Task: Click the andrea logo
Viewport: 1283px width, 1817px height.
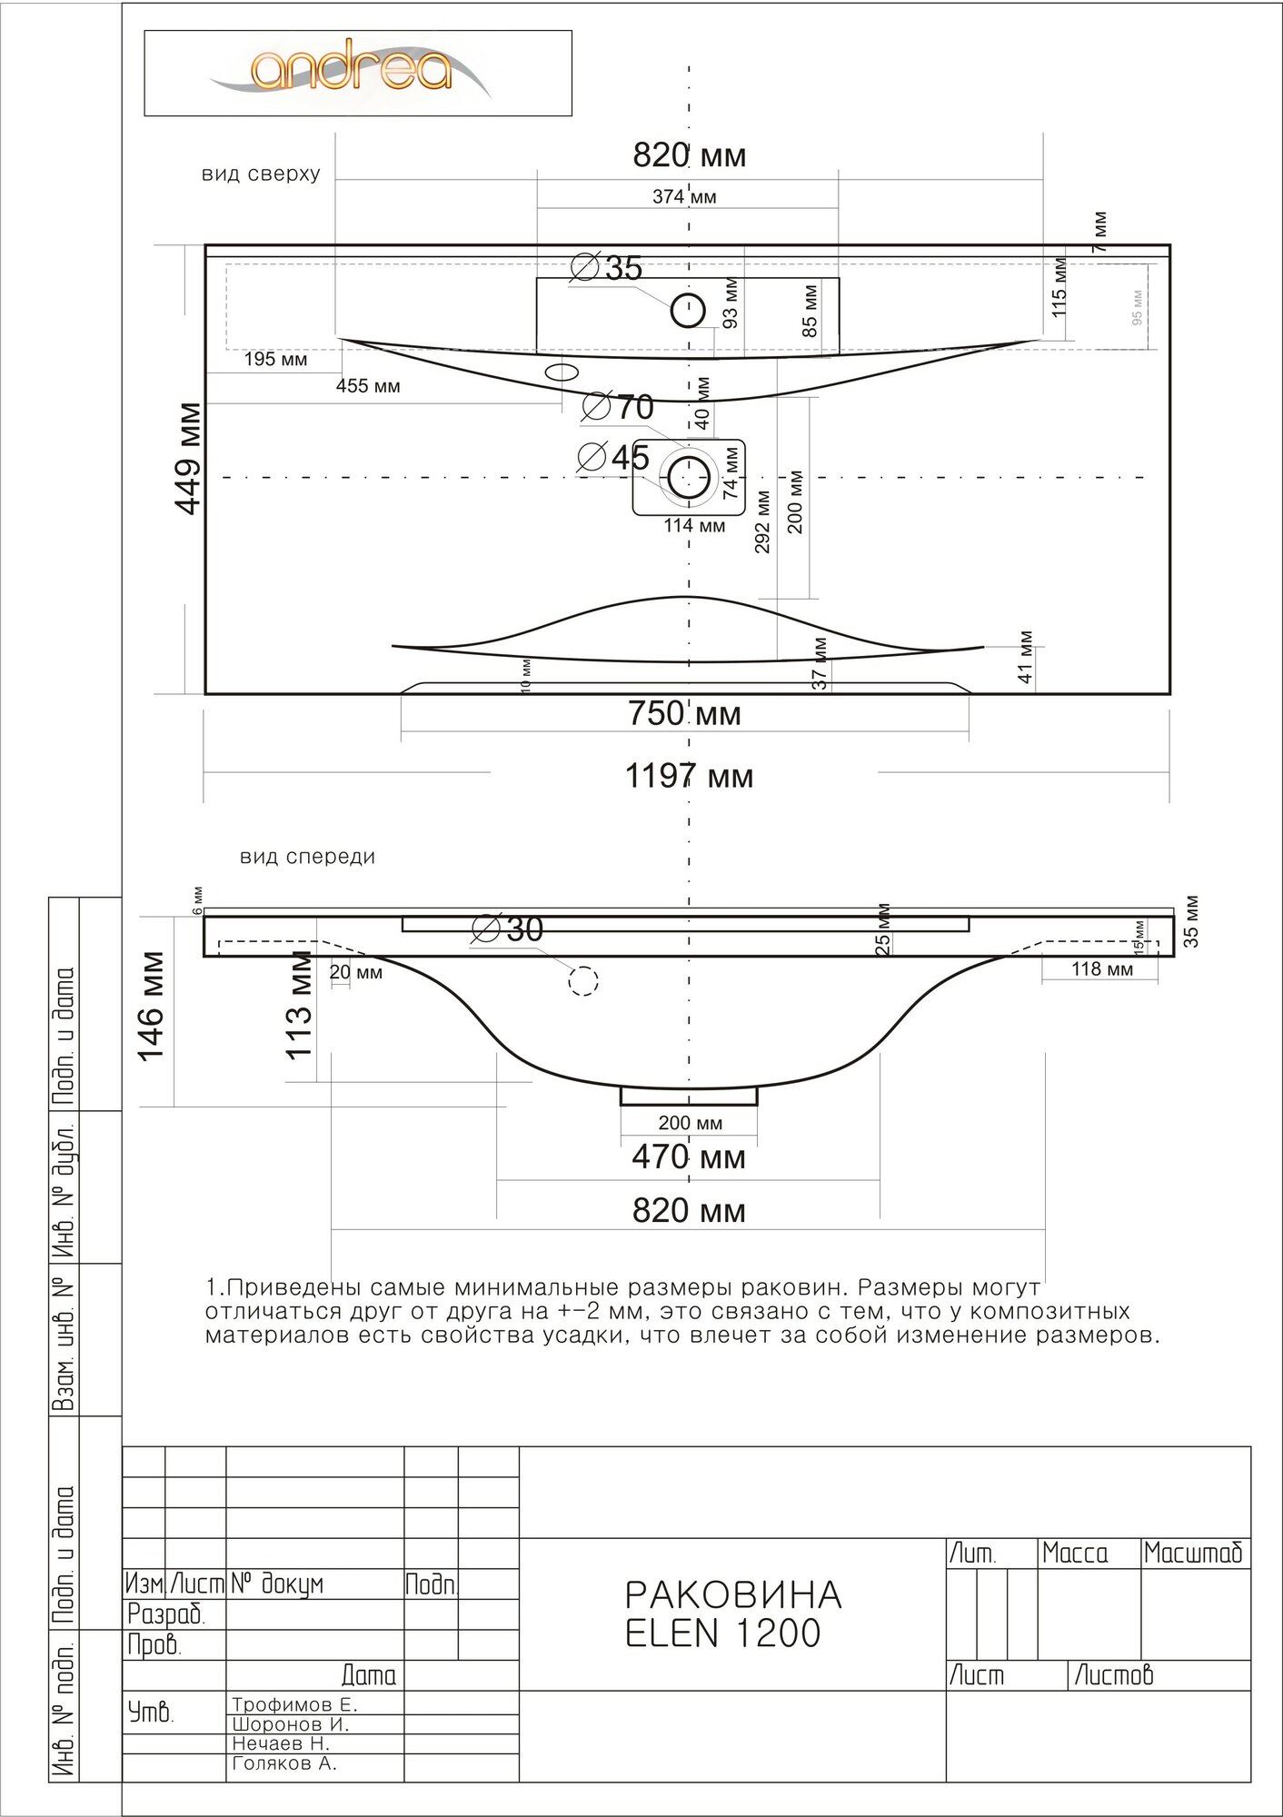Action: pyautogui.click(x=351, y=71)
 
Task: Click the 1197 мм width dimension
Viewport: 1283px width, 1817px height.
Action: pyautogui.click(x=689, y=777)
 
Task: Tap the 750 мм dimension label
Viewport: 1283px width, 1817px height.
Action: pyautogui.click(x=684, y=714)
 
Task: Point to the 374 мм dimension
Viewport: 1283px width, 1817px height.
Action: pyautogui.click(x=683, y=196)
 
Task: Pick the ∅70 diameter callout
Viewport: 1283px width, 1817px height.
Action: pyautogui.click(x=618, y=407)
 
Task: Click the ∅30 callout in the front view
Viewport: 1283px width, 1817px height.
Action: pyautogui.click(x=509, y=928)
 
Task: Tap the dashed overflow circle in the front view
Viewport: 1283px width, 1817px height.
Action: pyautogui.click(x=583, y=980)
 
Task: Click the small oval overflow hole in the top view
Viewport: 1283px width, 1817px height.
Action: pyautogui.click(x=562, y=372)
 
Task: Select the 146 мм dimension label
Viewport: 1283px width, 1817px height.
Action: pyautogui.click(x=152, y=1006)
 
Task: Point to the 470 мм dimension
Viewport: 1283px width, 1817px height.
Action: pyautogui.click(x=688, y=1157)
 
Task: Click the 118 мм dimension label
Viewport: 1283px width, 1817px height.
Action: pyautogui.click(x=1101, y=969)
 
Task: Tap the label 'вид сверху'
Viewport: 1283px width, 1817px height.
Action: pyautogui.click(x=261, y=174)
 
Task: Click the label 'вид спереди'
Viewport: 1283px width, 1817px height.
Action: pyautogui.click(x=307, y=857)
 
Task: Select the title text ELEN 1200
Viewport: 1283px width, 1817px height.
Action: pyautogui.click(x=723, y=1658)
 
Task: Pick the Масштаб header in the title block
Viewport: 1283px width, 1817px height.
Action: pyautogui.click(x=1192, y=1554)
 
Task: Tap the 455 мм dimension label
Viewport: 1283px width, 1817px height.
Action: pyautogui.click(x=368, y=386)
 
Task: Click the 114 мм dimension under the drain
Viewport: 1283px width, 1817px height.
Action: pyautogui.click(x=694, y=525)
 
